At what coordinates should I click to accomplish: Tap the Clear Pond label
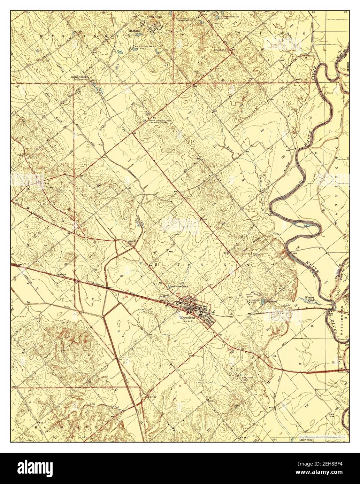tap(306, 440)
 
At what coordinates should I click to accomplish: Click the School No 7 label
tap(222, 49)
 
